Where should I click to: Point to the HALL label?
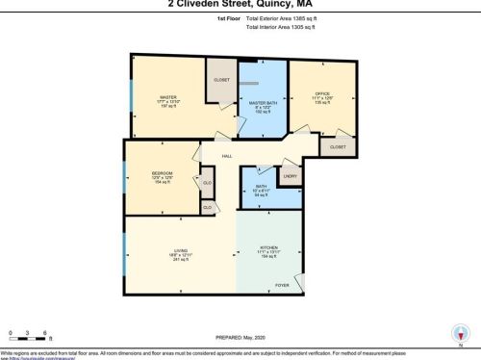coord(228,156)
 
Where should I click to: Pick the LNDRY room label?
coord(289,176)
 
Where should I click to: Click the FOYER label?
coord(283,285)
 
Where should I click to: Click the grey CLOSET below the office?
coord(338,146)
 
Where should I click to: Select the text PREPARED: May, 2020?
coord(240,334)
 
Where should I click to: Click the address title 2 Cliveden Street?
coord(240,3)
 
